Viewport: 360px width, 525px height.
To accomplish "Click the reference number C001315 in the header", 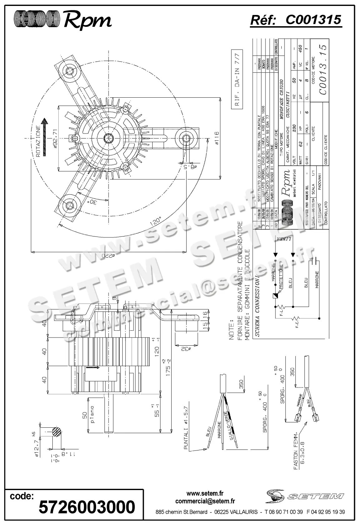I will point(313,20).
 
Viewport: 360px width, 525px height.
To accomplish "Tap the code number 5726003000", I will point(87,507).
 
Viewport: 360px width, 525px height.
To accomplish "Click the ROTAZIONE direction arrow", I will point(46,137).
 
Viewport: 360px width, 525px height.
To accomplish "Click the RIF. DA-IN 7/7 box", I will point(237,80).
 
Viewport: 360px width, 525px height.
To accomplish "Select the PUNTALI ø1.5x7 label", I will point(186,428).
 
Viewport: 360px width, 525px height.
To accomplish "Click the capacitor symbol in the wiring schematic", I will point(316,261).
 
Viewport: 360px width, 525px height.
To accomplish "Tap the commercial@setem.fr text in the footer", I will point(205,501).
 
